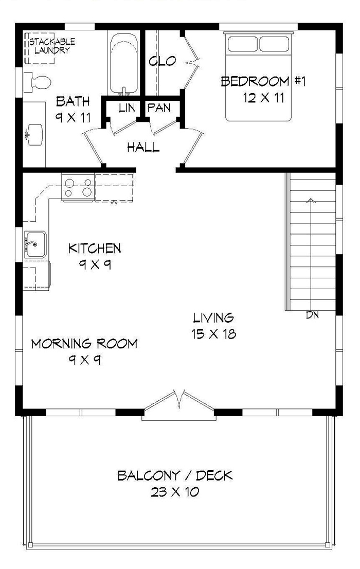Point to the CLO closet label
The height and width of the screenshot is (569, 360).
point(162,62)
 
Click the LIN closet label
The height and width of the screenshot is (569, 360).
point(127,108)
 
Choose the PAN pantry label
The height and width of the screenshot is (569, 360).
point(159,108)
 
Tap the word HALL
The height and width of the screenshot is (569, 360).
point(143,148)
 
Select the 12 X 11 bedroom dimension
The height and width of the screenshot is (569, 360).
point(264,98)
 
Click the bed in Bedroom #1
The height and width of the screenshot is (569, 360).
point(259,77)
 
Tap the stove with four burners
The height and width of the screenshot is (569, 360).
point(78,187)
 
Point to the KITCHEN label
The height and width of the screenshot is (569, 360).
point(95,248)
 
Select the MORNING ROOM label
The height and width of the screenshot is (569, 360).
point(84,343)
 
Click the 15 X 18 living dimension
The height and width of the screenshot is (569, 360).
point(213,334)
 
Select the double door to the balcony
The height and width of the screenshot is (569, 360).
point(179,404)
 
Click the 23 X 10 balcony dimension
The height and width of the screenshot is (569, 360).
point(175,492)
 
